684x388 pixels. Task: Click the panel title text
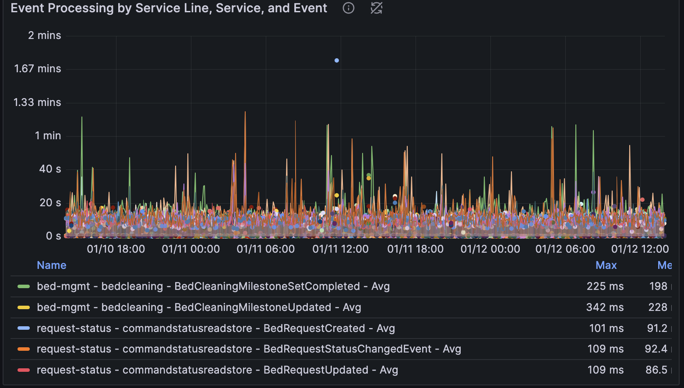click(x=169, y=8)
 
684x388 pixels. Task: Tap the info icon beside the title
click(x=349, y=8)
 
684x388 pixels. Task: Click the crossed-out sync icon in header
click(x=376, y=8)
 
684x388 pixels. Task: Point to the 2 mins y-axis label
click(x=44, y=35)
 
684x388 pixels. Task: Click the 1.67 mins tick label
click(x=38, y=69)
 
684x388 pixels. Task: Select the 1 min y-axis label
click(x=48, y=136)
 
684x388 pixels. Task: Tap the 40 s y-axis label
click(x=50, y=169)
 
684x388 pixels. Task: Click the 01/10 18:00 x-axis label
click(x=116, y=249)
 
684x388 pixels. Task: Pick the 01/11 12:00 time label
click(x=340, y=249)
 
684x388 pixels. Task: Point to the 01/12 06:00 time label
click(x=565, y=249)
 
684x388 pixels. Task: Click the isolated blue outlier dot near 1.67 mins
click(x=336, y=60)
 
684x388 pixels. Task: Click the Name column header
click(x=52, y=265)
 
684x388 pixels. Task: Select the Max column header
click(x=606, y=265)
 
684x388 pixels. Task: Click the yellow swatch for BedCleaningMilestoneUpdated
click(x=24, y=307)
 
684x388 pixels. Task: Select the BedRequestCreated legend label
click(x=215, y=328)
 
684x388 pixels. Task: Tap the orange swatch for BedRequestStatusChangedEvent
click(x=24, y=349)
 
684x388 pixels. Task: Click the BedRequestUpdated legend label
click(x=217, y=370)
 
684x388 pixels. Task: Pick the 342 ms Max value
click(x=605, y=307)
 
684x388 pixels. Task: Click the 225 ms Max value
click(x=605, y=286)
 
